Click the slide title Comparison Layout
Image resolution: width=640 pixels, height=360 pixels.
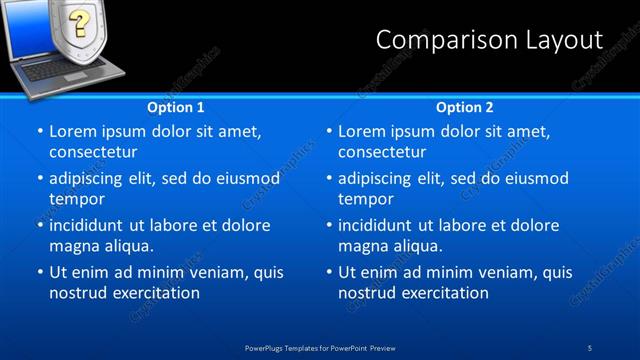tap(489, 39)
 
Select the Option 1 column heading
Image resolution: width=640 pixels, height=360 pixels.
tap(176, 107)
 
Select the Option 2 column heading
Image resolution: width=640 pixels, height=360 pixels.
tap(464, 107)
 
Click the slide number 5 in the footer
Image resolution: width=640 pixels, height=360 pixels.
tap(591, 347)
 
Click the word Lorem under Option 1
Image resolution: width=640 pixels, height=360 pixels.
tap(73, 131)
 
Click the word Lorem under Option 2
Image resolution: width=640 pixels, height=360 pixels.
tap(362, 131)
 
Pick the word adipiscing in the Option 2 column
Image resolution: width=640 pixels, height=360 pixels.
tap(381, 179)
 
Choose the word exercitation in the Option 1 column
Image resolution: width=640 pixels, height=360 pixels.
tap(154, 293)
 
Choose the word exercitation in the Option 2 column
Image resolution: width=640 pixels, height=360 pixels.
tap(443, 293)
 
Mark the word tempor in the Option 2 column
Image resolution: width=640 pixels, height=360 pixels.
tap(365, 199)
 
